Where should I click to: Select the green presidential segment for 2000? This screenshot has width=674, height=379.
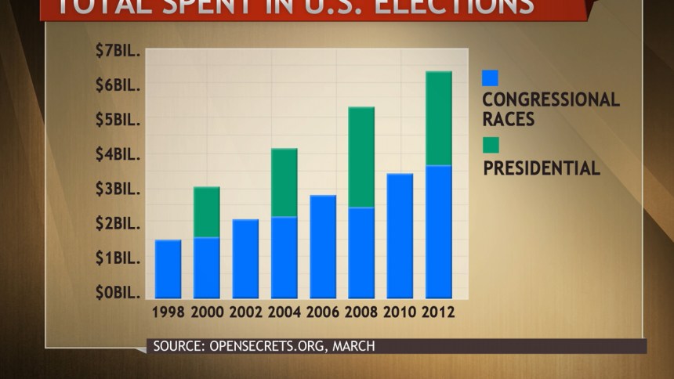point(206,211)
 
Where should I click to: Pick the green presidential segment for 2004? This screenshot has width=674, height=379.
point(284,182)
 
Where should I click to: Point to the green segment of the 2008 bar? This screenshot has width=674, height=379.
point(361,157)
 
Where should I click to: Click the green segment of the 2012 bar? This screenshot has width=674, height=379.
point(438,118)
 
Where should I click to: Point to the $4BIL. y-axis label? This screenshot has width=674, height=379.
point(118,154)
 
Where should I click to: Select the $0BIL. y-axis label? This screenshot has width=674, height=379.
point(118,293)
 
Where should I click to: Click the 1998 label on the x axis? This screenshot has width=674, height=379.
point(168,312)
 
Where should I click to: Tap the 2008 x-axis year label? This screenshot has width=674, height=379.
point(361,312)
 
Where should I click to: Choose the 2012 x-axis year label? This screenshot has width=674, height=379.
point(438,312)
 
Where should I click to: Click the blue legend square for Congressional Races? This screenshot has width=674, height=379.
point(490,78)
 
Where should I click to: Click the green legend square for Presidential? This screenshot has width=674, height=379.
point(490,145)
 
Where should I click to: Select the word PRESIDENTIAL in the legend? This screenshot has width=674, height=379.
point(542,168)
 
